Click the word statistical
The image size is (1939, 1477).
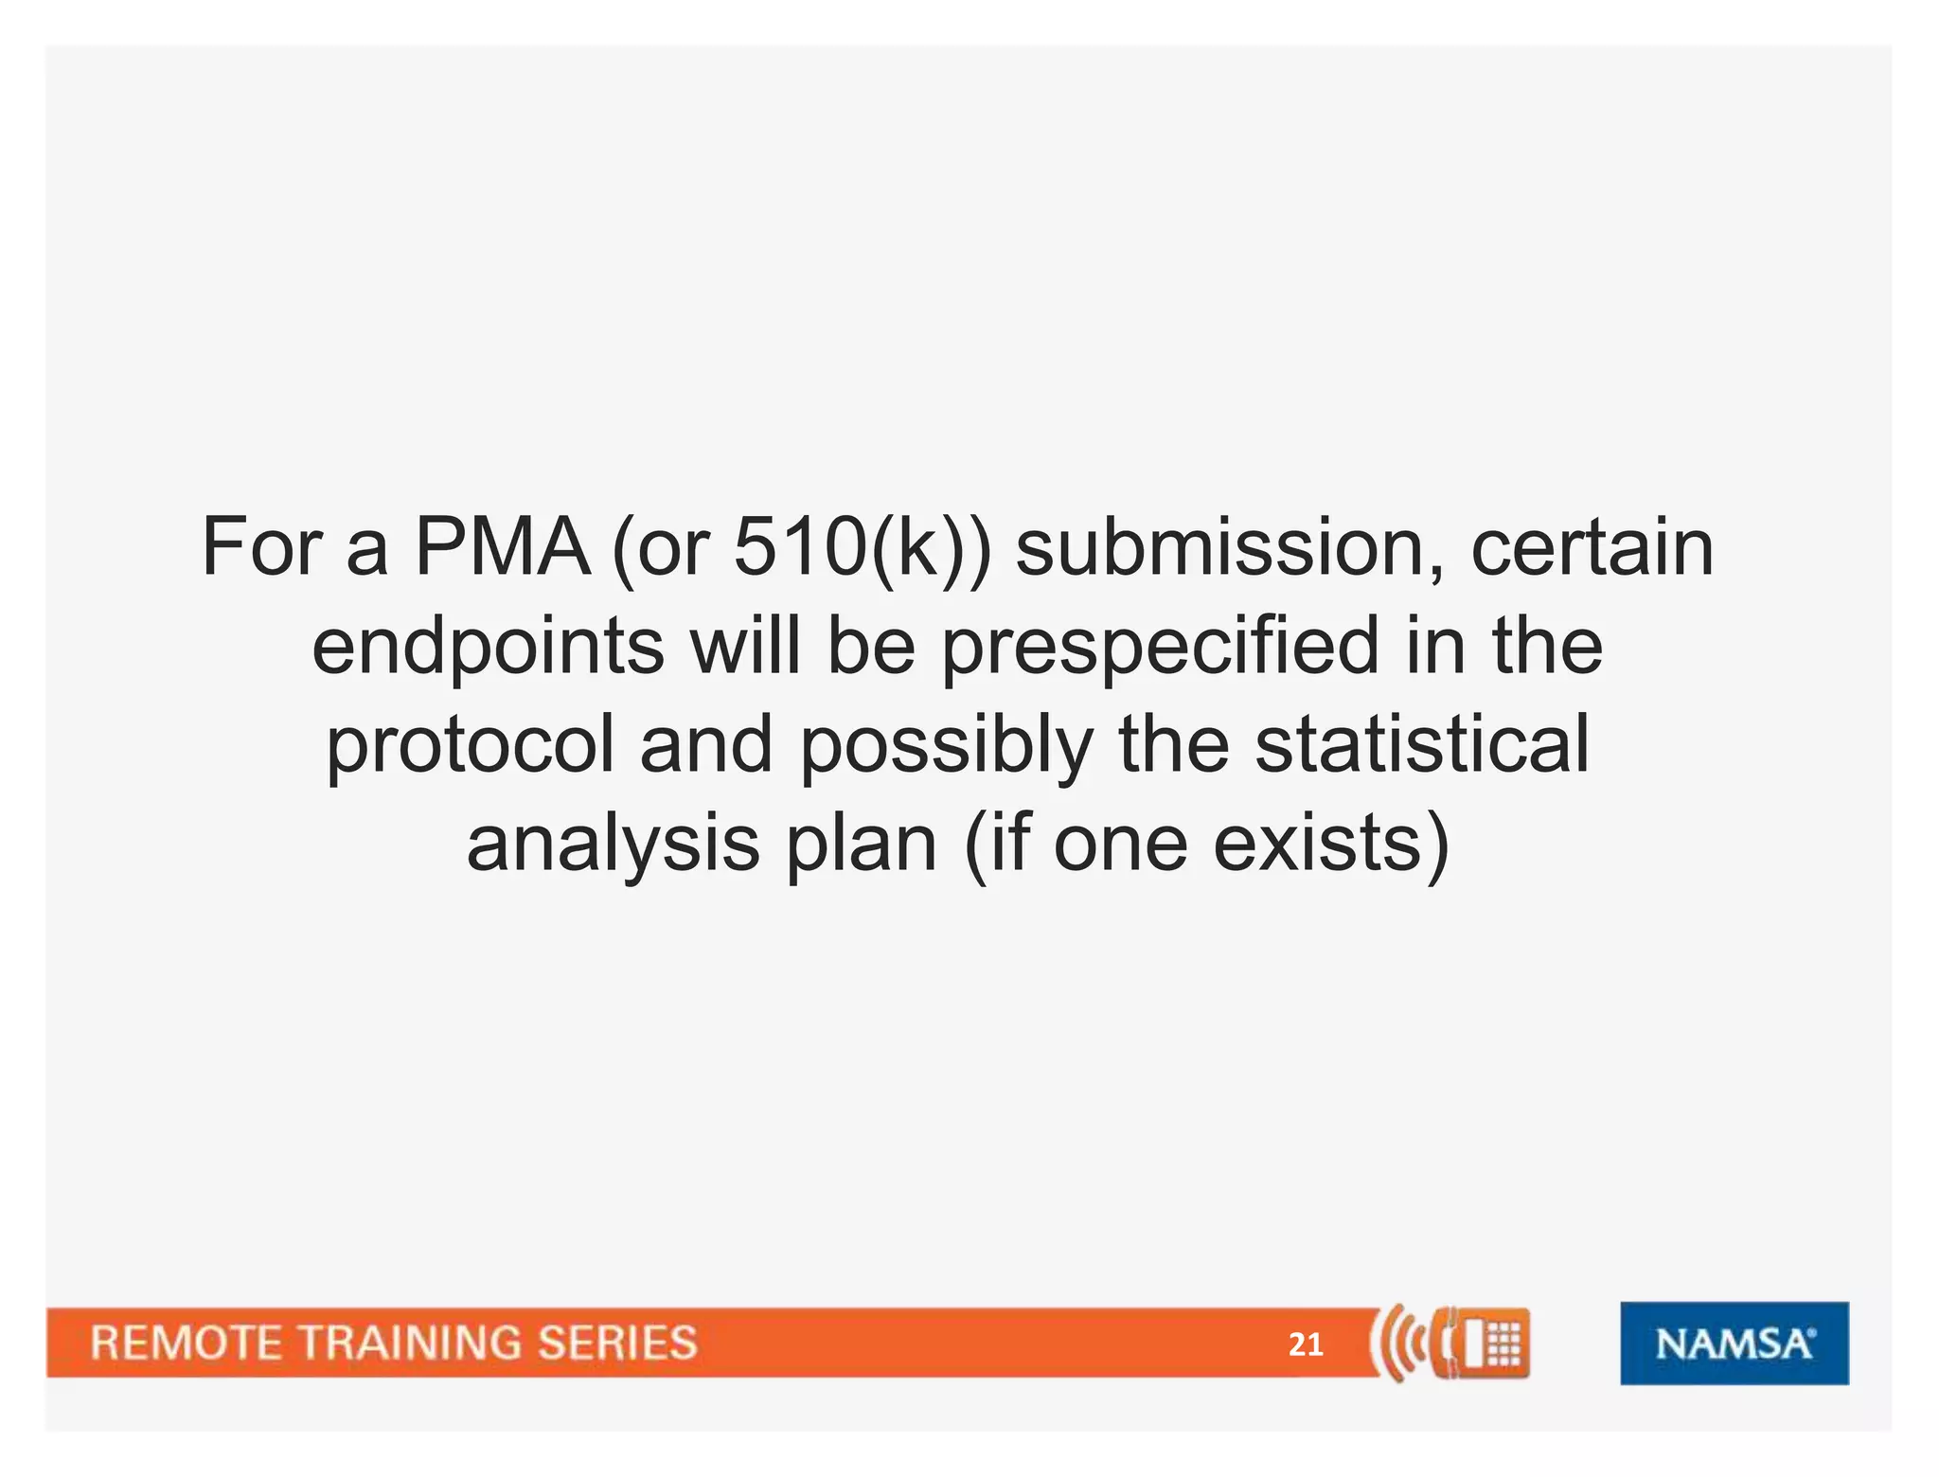(x=1422, y=744)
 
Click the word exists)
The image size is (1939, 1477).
(x=1330, y=843)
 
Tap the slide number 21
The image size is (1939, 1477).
(x=1306, y=1344)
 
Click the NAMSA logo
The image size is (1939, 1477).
(x=1734, y=1344)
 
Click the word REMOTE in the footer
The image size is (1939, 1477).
(x=186, y=1344)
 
